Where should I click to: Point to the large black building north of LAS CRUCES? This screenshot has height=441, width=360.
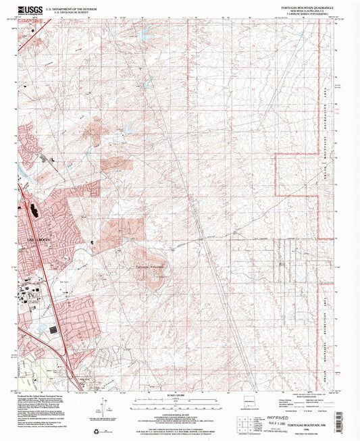point(35,212)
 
